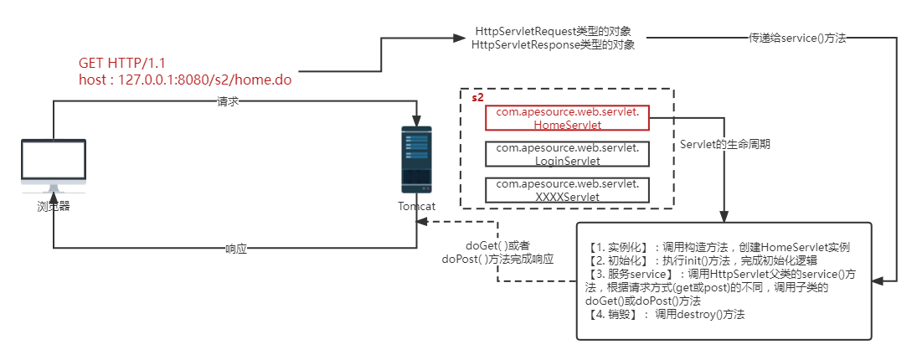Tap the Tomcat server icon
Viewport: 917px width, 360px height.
click(x=416, y=162)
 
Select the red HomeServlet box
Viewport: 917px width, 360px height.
click(x=568, y=118)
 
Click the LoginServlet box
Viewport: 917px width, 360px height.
click(x=568, y=154)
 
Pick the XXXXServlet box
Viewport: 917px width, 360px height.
click(x=568, y=190)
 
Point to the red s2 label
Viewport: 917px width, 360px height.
click(x=477, y=98)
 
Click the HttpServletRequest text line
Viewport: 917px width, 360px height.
click(x=552, y=31)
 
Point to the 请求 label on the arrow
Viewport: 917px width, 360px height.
click(x=228, y=101)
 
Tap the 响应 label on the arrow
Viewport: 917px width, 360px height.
click(x=236, y=249)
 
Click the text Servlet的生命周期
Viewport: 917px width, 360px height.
click(x=725, y=144)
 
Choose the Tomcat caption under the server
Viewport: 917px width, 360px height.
click(x=416, y=207)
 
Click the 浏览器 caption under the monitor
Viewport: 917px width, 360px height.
click(x=52, y=207)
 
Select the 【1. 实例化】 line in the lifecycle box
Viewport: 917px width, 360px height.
click(x=719, y=248)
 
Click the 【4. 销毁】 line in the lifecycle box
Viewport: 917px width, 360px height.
click(x=667, y=315)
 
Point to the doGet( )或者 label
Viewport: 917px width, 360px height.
click(x=497, y=246)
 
